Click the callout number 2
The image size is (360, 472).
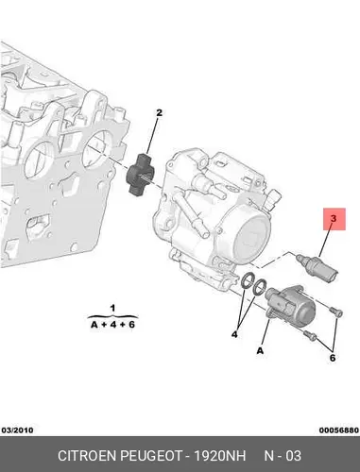click(x=159, y=112)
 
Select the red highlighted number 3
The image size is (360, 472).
click(x=334, y=218)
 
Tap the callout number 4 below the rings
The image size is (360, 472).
click(x=234, y=334)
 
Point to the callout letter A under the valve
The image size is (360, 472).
click(x=260, y=350)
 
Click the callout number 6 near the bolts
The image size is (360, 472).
click(x=333, y=358)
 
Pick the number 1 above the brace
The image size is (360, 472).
click(x=112, y=308)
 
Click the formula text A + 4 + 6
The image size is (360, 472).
click(x=112, y=325)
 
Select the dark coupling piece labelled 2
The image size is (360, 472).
click(x=140, y=174)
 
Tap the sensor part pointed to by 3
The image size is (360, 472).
click(x=318, y=266)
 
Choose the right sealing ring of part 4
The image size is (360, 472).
click(x=260, y=287)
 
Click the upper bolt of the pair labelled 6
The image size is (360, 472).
click(x=335, y=312)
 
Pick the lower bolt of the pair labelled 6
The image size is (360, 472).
click(x=310, y=335)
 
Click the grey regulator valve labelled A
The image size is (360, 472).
click(x=290, y=303)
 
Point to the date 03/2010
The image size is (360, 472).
click(x=17, y=430)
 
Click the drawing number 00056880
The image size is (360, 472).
click(x=339, y=430)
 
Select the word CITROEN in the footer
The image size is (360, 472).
click(x=87, y=456)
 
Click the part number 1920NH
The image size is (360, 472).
click(x=219, y=456)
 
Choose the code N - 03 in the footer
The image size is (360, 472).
click(x=283, y=456)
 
